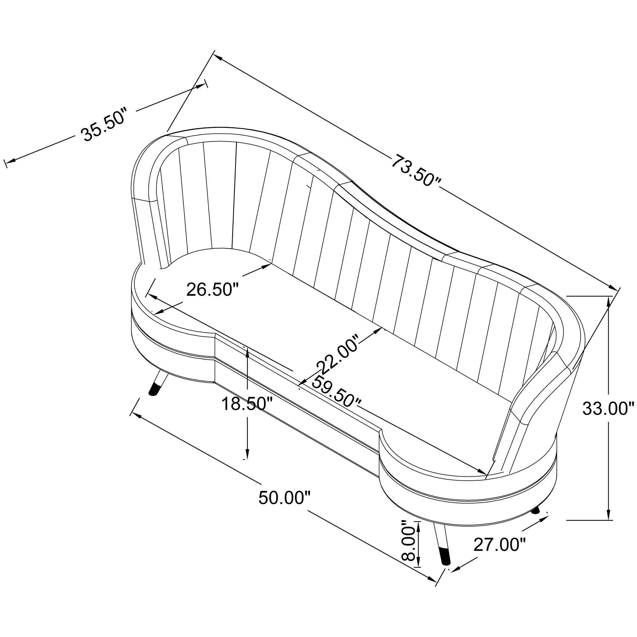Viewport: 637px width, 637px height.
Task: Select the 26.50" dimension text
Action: [212, 289]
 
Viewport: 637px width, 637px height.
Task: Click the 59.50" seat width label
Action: [337, 392]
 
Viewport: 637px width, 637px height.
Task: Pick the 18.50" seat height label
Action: [247, 404]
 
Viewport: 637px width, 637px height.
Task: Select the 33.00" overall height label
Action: [609, 409]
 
